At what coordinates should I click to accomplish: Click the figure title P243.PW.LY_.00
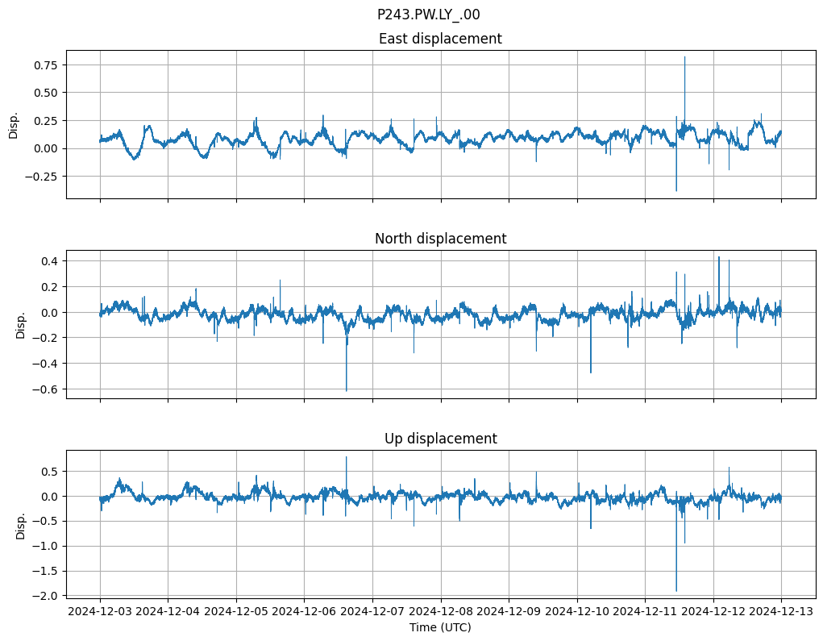pyautogui.click(x=429, y=14)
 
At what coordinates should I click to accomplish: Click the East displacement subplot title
pyautogui.click(x=440, y=39)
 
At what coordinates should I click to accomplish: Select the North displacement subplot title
pyautogui.click(x=440, y=239)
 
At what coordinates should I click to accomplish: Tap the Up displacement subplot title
pyautogui.click(x=440, y=439)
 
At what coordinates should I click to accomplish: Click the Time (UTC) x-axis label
pyautogui.click(x=440, y=626)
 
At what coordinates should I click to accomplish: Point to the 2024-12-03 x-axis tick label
pyautogui.click(x=100, y=611)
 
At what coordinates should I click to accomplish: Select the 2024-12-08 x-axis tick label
pyautogui.click(x=440, y=611)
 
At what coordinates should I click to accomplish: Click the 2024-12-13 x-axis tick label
pyautogui.click(x=780, y=611)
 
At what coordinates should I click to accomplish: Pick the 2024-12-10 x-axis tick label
pyautogui.click(x=576, y=611)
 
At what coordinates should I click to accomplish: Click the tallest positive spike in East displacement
pyautogui.click(x=684, y=57)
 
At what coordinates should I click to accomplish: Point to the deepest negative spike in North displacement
pyautogui.click(x=347, y=390)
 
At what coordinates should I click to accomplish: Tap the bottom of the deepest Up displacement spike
pyautogui.click(x=676, y=591)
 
